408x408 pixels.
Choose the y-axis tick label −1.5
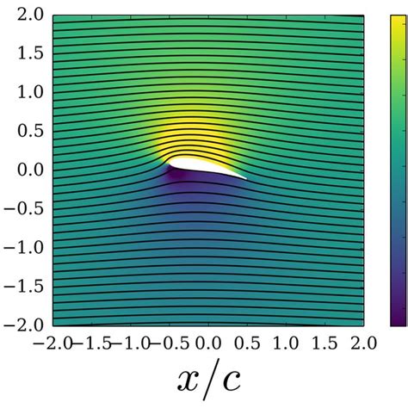pos(26,285)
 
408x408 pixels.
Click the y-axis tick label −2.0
pos(26,324)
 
